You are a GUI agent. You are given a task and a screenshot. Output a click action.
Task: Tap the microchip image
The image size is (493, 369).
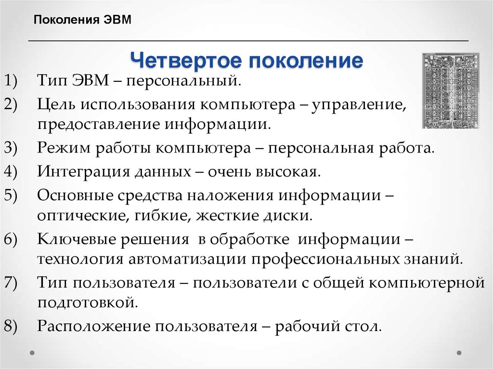451,90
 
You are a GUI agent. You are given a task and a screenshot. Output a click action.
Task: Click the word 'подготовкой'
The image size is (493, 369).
85,303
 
